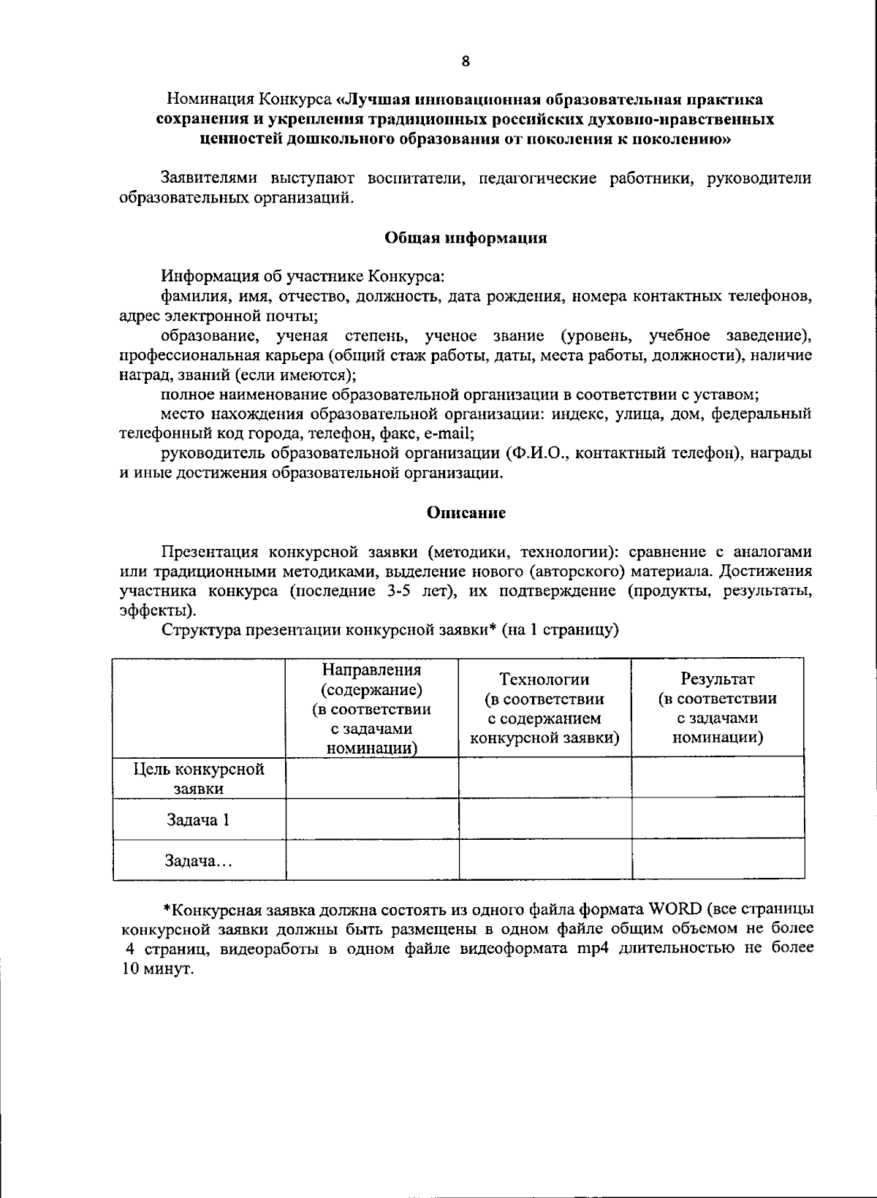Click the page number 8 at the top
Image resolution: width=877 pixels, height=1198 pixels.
click(x=466, y=61)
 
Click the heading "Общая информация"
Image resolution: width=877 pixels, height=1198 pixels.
click(x=466, y=238)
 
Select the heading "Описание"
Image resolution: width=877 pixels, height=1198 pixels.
click(x=466, y=513)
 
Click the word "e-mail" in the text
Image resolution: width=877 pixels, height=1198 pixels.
click(x=449, y=433)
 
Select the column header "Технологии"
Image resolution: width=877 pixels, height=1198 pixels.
click(x=544, y=679)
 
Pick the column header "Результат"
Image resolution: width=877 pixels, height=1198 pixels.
click(x=717, y=679)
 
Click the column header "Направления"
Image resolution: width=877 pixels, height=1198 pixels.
click(x=371, y=670)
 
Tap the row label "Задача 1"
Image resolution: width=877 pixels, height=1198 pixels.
click(x=198, y=820)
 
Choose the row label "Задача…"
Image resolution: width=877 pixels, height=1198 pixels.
click(x=198, y=861)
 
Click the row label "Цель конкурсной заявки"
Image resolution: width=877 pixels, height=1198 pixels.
click(x=198, y=778)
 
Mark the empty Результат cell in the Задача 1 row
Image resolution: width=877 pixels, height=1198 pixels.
click(x=718, y=819)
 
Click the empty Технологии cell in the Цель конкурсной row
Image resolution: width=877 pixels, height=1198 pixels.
click(x=545, y=778)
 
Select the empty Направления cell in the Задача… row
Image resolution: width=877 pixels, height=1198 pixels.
click(x=372, y=860)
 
